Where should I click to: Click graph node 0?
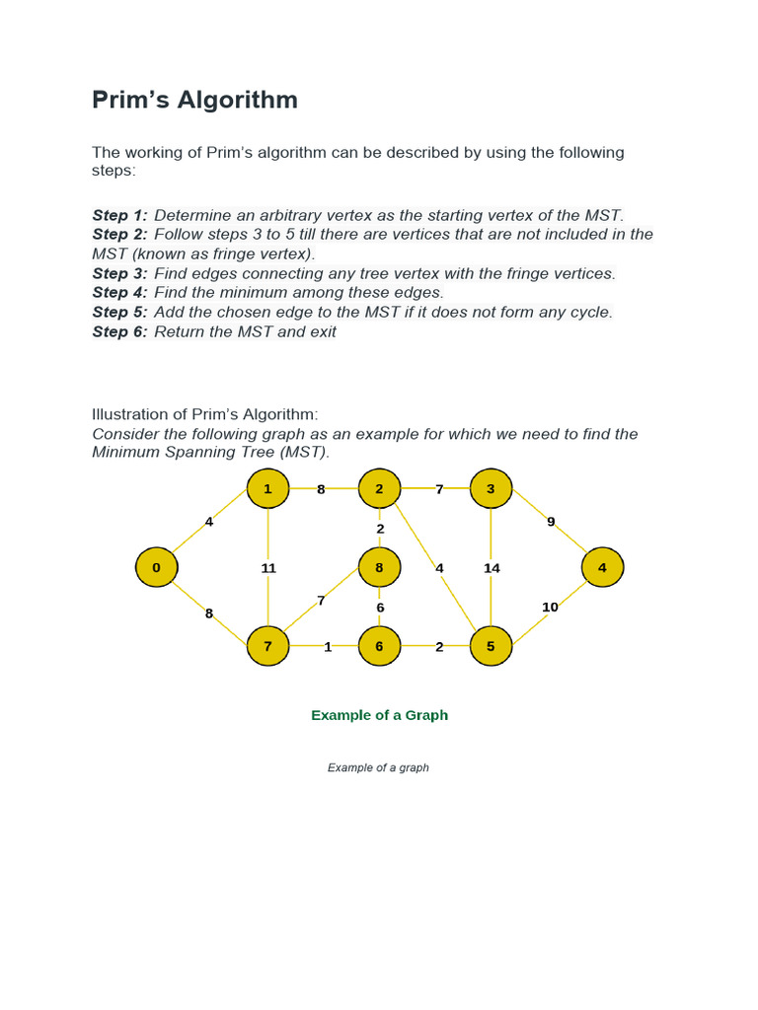point(156,567)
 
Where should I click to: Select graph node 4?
point(602,567)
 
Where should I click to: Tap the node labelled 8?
point(379,567)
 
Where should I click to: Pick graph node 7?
point(267,647)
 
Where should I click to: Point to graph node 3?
point(491,487)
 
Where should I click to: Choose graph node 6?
point(379,647)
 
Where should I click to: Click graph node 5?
point(491,647)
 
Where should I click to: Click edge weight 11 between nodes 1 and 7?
point(267,568)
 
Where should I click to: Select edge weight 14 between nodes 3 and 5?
point(492,568)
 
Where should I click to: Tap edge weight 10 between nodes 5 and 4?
point(550,607)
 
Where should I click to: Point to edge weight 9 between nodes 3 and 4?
point(551,522)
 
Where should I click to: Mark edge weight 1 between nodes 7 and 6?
point(328,648)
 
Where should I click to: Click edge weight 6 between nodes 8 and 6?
point(380,608)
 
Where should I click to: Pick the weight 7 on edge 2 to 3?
point(439,489)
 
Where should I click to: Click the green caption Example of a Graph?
point(379,715)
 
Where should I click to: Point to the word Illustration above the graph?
point(127,414)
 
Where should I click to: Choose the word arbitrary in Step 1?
point(276,215)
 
